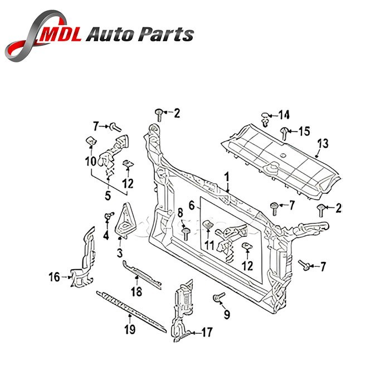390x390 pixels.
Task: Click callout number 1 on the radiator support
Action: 227,177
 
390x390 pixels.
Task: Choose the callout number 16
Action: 53,275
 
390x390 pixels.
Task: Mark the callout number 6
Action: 192,206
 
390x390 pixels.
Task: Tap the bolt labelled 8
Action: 185,231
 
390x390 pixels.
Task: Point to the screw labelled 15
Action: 284,132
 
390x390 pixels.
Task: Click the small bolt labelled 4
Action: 108,216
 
